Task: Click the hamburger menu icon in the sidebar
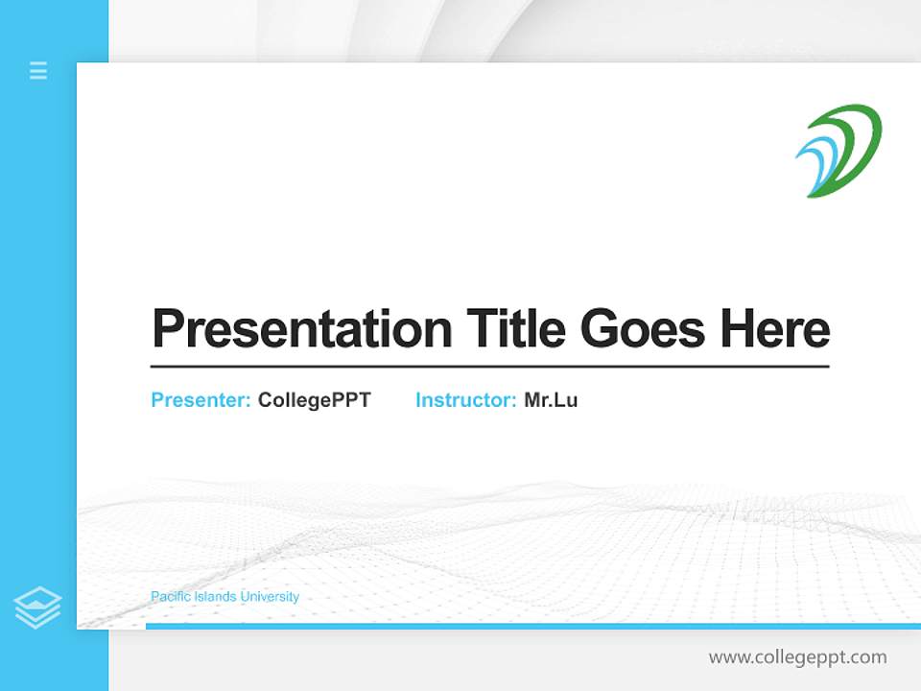(x=38, y=70)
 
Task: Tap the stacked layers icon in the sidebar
(x=37, y=607)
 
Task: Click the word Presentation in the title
(x=301, y=329)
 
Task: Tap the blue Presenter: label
(x=201, y=400)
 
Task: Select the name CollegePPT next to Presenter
(x=314, y=400)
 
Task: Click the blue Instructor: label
(x=466, y=400)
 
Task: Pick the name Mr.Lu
(x=551, y=400)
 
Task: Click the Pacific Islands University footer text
(x=224, y=597)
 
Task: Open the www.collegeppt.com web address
(x=797, y=657)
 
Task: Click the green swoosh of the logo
(x=857, y=144)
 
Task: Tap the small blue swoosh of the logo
(x=814, y=163)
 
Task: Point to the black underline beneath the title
(x=489, y=367)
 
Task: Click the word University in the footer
(x=270, y=597)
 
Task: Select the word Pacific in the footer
(x=170, y=597)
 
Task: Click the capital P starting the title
(x=167, y=329)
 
